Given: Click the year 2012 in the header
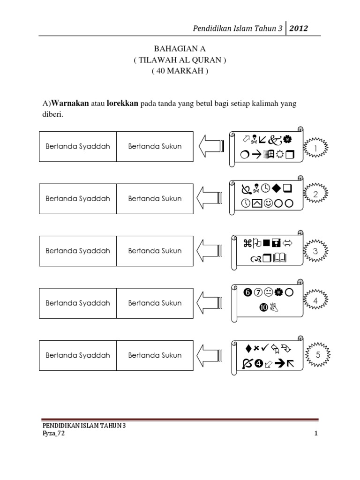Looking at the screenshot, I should pyautogui.click(x=298, y=29).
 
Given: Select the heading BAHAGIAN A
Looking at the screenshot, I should pyautogui.click(x=180, y=49).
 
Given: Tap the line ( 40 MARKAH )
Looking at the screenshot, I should pyautogui.click(x=180, y=71).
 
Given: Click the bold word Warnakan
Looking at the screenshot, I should pyautogui.click(x=70, y=103).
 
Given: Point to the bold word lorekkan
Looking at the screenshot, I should pyautogui.click(x=122, y=103).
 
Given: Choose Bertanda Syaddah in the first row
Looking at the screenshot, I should pyautogui.click(x=78, y=146).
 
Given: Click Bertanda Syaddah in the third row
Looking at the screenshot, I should pyautogui.click(x=78, y=251).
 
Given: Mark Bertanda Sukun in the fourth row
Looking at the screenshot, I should pyautogui.click(x=155, y=303).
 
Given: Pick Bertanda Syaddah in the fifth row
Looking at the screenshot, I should pyautogui.click(x=78, y=355).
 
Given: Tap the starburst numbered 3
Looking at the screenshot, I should pyautogui.click(x=315, y=251).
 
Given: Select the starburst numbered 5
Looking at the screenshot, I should pyautogui.click(x=317, y=355).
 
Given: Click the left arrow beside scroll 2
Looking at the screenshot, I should pyautogui.click(x=209, y=199).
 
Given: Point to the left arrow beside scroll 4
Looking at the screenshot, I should pyautogui.click(x=209, y=303).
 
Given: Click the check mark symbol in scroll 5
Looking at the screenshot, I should pyautogui.click(x=266, y=348).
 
